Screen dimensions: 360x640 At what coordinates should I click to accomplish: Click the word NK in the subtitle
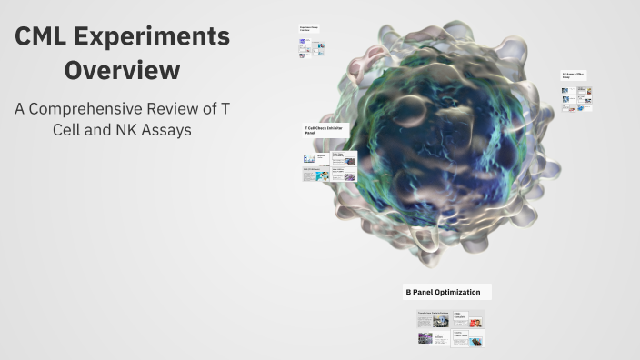point(122,130)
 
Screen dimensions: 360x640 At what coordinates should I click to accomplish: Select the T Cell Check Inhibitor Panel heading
point(325,131)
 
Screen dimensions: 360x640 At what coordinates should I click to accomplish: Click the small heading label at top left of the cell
point(308,29)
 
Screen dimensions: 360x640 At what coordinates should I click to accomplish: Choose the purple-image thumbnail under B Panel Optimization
point(426,337)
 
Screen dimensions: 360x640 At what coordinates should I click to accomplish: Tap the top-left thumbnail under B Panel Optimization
point(433,320)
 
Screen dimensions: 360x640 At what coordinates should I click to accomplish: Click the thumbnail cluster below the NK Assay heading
point(576,99)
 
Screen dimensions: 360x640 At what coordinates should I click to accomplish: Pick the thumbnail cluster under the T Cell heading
point(329,166)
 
